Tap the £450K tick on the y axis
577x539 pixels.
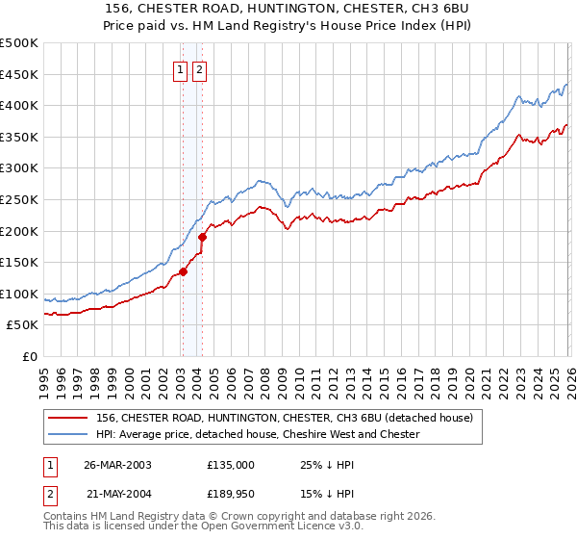point(19,74)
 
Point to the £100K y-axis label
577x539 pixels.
point(19,294)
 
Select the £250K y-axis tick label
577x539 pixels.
point(19,199)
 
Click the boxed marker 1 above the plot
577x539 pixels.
point(181,69)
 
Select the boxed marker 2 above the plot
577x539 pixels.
point(199,69)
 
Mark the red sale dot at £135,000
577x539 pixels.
point(183,271)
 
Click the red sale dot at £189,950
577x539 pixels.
point(202,237)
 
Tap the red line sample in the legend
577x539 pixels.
point(68,419)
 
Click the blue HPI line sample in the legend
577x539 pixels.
point(68,435)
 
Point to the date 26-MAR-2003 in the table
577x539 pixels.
point(117,464)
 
